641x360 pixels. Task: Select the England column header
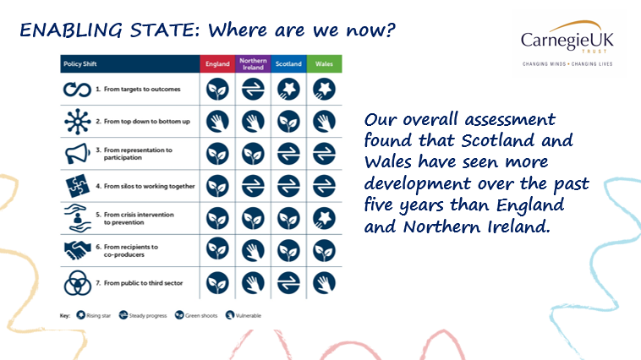pyautogui.click(x=216, y=64)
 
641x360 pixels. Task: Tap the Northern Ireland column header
pyautogui.click(x=253, y=64)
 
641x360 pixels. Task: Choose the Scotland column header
pyautogui.click(x=289, y=64)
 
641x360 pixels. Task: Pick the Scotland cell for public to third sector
pyautogui.click(x=289, y=281)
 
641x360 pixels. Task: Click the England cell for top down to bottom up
pyautogui.click(x=216, y=122)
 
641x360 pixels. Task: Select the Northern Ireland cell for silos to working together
pyautogui.click(x=253, y=185)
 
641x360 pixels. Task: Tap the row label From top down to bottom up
pyautogui.click(x=141, y=122)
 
